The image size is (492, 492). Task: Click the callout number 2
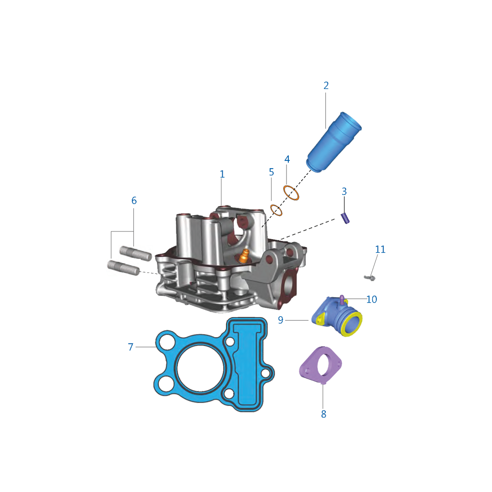(326, 85)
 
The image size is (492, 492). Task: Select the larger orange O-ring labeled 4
(291, 193)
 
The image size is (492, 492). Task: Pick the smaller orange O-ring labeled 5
(276, 210)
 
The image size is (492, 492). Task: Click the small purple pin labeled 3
(345, 218)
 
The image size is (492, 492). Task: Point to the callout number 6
(134, 200)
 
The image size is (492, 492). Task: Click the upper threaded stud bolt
(136, 254)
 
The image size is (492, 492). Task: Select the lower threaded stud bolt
(123, 268)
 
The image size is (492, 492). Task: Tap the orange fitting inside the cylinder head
(244, 256)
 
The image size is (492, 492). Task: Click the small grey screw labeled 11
(369, 278)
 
